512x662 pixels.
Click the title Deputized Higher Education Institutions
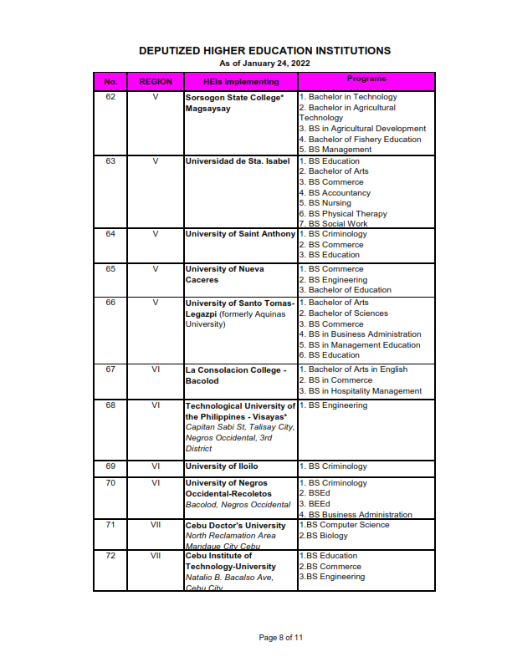tap(264, 51)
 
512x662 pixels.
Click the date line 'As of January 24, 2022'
tap(264, 63)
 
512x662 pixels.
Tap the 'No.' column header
tap(110, 82)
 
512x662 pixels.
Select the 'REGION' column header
tap(155, 82)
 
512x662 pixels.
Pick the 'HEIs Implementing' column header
tap(241, 82)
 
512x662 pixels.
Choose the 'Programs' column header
tap(366, 79)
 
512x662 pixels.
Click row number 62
tap(110, 97)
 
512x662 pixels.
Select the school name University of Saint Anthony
tap(240, 234)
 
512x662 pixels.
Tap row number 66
tap(110, 303)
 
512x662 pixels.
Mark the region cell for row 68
tap(155, 405)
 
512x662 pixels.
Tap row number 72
tap(110, 555)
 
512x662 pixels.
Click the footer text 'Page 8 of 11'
tap(281, 638)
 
